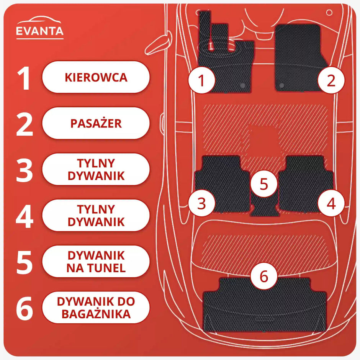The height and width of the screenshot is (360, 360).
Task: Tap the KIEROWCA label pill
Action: (x=96, y=77)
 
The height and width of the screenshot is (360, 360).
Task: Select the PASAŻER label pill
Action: (x=96, y=123)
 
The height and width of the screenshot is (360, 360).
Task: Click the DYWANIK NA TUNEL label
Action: (x=96, y=262)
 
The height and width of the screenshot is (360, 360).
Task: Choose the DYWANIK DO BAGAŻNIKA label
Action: (x=96, y=308)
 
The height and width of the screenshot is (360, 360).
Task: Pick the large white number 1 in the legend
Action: (x=24, y=77)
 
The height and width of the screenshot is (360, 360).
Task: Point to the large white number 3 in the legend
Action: (x=25, y=169)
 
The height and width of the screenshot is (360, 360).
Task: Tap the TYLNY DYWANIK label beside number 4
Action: (x=96, y=215)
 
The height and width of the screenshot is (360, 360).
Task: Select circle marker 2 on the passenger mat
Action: (x=331, y=80)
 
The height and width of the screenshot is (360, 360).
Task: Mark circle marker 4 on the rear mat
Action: (x=331, y=203)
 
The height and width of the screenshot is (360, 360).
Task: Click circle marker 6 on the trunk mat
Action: (x=264, y=276)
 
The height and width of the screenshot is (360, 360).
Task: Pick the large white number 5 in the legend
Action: (x=25, y=262)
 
